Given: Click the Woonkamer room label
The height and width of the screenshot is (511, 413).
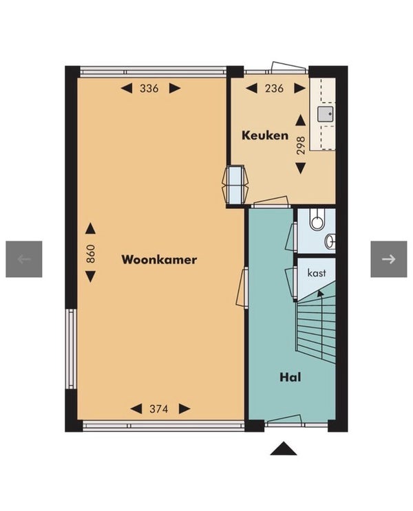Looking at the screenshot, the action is tap(159, 260).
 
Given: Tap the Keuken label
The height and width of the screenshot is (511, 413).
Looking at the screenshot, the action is tap(265, 135).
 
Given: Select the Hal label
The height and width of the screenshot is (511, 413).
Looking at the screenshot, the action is tap(290, 378).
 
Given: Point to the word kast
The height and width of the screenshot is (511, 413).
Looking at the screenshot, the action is tap(317, 272).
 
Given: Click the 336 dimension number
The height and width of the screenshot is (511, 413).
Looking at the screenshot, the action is tap(149, 88).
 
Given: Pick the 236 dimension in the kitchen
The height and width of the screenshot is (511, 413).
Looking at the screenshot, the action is tap(274, 88).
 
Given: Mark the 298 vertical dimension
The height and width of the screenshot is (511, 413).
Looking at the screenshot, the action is tap(301, 145).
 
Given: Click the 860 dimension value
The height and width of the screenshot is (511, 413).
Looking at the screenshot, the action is tap(91, 254).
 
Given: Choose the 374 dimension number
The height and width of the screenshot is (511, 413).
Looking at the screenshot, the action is tap(158, 409).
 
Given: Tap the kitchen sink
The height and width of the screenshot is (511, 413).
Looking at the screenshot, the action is tap(326, 114).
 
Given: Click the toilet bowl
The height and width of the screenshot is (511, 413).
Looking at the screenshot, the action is tap(317, 220).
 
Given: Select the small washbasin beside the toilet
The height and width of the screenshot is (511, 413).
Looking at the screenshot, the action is tap(330, 241).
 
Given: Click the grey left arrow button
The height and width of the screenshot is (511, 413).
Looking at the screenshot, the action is tap(24, 259).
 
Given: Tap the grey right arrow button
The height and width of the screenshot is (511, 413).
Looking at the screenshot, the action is tap(388, 259).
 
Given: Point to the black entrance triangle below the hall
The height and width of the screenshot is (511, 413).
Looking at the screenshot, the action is tap(284, 448).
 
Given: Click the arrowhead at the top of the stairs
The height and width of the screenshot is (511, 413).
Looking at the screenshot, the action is tap(320, 293).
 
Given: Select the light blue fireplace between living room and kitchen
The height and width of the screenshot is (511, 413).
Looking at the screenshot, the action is tap(235, 184).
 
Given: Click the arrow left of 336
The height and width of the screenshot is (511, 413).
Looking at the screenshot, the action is tap(127, 88).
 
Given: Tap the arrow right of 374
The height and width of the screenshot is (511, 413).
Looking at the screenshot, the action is tap(184, 409).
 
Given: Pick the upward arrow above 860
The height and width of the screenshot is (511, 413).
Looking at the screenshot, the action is tap(91, 229).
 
